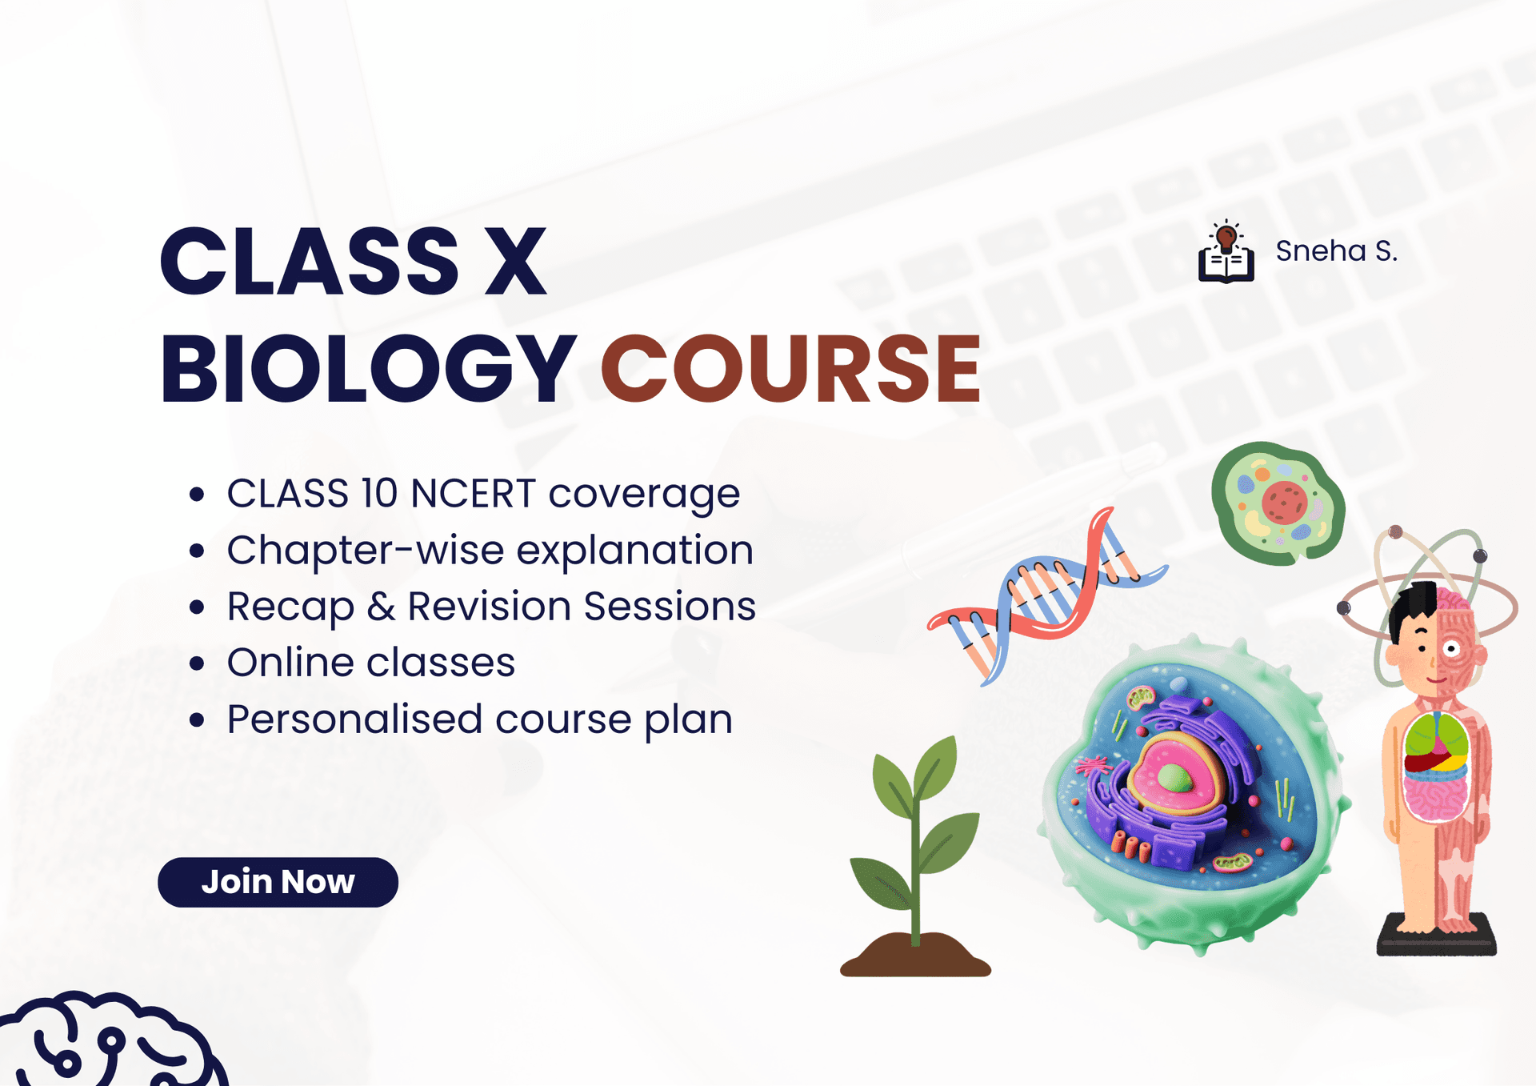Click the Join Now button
click(278, 882)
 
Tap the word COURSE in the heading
click(790, 369)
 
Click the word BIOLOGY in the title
click(368, 369)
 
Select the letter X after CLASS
click(515, 261)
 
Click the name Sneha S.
click(1336, 251)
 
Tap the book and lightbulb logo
click(1226, 252)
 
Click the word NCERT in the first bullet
click(472, 493)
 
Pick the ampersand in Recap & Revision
click(381, 607)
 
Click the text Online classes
click(371, 663)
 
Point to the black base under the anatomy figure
click(1436, 940)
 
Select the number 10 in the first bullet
click(379, 493)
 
